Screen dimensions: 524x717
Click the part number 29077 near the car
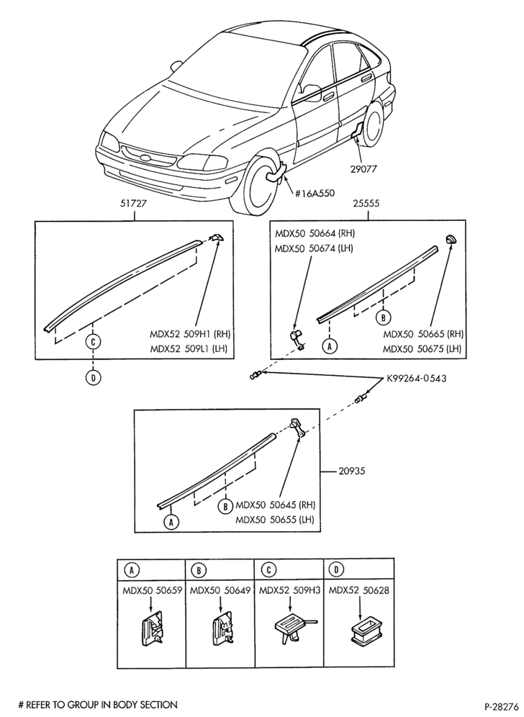pos(364,168)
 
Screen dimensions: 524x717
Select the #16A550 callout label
pos(314,193)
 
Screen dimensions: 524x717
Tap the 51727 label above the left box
pos(133,204)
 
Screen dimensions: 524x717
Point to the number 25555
pos(366,204)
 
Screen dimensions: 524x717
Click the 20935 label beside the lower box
pos(352,471)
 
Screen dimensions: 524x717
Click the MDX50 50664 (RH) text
pos(315,233)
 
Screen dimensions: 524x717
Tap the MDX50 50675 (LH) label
pos(422,349)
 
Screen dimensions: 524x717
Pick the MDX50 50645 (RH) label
pos(275,505)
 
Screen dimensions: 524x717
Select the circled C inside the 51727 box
pos(93,341)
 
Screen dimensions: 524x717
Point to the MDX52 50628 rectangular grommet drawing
pos(359,632)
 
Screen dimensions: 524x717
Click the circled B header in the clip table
pos(199,570)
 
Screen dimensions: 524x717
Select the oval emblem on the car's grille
pos(146,158)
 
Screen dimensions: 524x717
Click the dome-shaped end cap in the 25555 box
pos(452,238)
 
